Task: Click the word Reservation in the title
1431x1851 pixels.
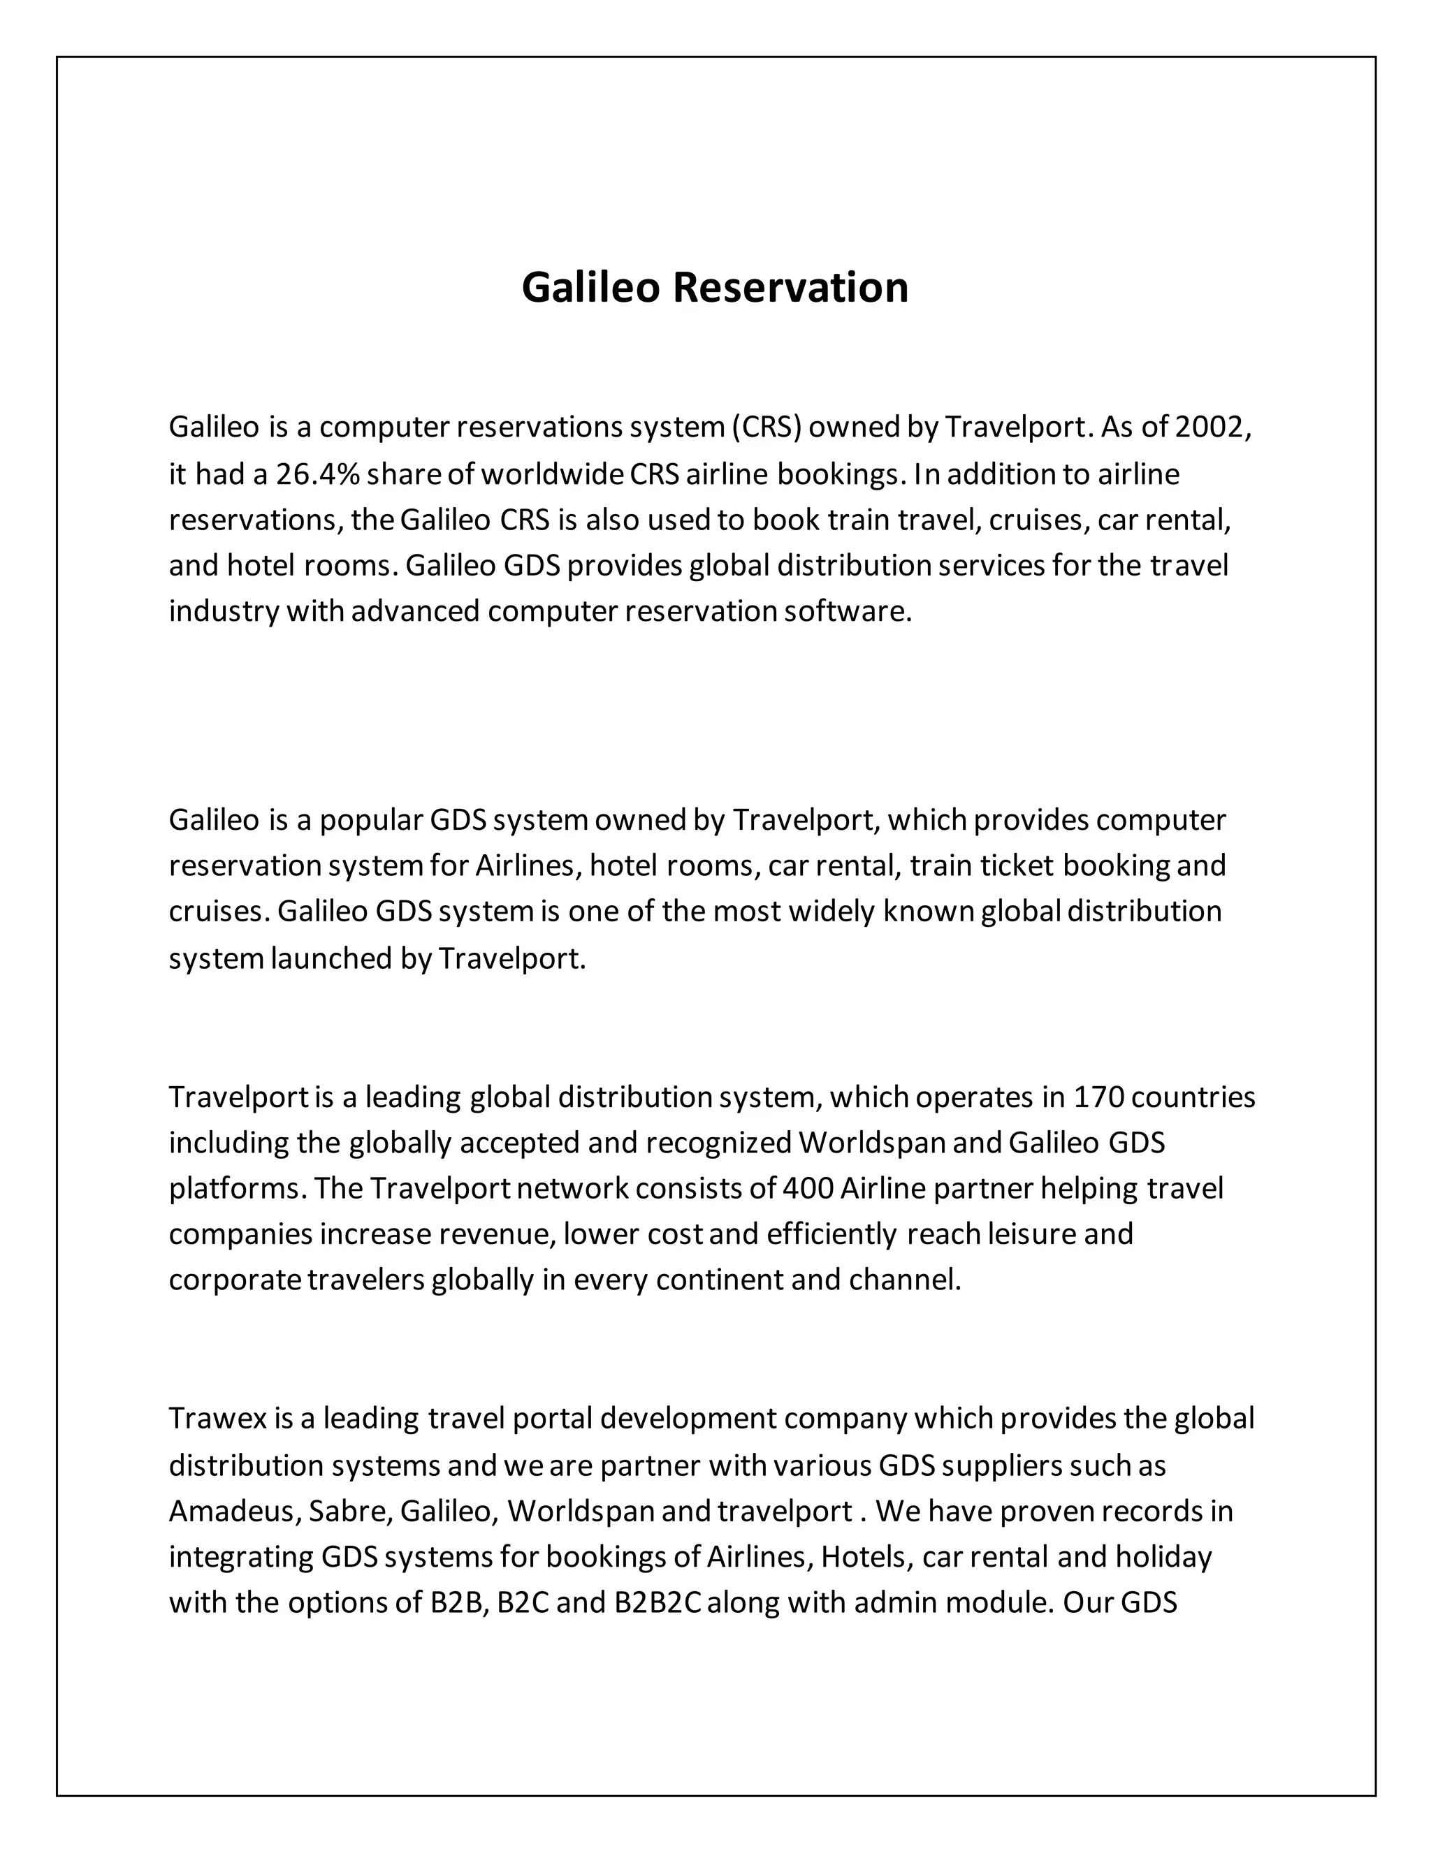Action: coord(790,287)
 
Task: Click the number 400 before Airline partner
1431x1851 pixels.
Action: coord(808,1188)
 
